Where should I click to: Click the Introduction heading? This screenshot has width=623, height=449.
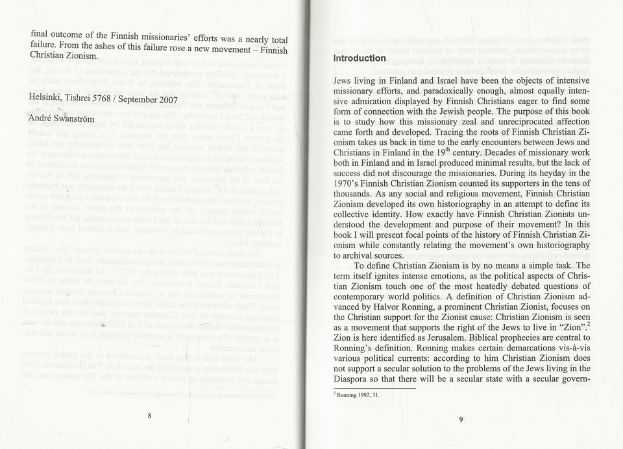click(360, 58)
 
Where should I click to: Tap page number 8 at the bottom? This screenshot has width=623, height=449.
click(149, 415)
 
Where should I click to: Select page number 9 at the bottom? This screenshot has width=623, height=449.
click(461, 419)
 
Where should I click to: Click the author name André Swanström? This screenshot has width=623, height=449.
click(62, 119)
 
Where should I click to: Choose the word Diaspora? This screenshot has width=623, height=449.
click(354, 380)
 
